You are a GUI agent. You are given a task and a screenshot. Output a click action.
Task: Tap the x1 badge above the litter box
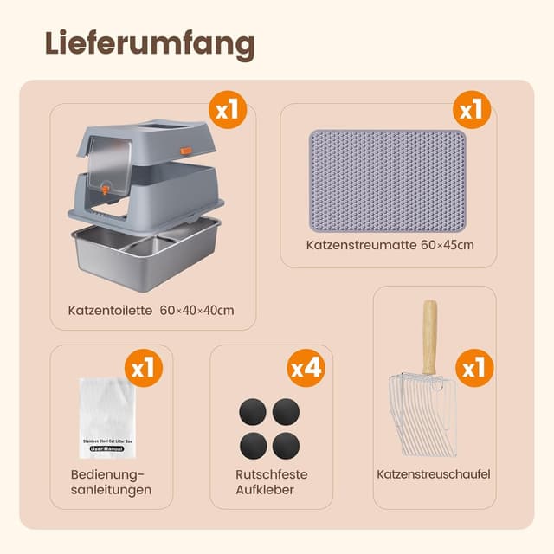[x=228, y=111]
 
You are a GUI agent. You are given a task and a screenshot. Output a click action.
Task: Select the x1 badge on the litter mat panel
[x=473, y=111]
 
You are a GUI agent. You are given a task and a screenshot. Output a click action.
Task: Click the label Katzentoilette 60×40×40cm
[x=151, y=310]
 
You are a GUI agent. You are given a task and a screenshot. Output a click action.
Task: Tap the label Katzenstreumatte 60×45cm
[x=390, y=246]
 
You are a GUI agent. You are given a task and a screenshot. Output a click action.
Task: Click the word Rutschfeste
[x=271, y=474]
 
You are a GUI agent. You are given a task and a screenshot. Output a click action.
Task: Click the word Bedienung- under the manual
[x=107, y=474]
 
